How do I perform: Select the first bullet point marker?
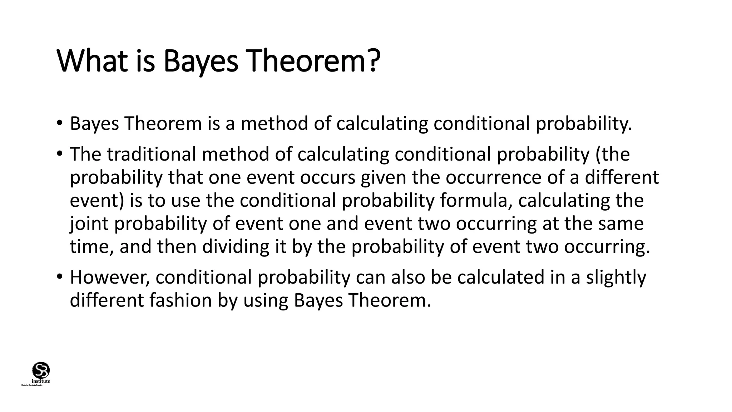pos(59,123)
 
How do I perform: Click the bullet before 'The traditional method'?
pos(59,154)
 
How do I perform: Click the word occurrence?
pos(493,177)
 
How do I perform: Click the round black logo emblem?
pos(41,370)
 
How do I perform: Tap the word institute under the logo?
pos(41,381)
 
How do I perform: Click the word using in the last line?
pos(266,300)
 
